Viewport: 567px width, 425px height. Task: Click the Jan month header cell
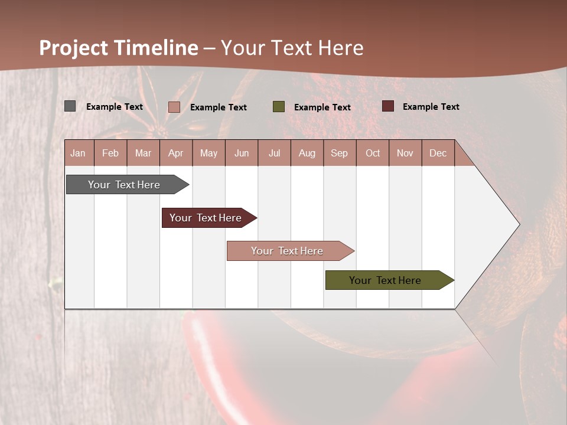point(79,153)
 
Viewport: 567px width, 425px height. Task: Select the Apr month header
point(176,153)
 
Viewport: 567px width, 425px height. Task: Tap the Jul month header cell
point(274,153)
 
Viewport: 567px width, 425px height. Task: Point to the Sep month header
point(340,153)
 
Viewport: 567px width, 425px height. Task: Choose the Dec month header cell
point(438,153)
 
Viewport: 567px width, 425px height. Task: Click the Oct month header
point(373,153)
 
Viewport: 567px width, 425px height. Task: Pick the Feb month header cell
point(110,153)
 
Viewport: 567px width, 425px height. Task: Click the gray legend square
point(70,106)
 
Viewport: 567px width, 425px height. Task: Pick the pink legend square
point(174,107)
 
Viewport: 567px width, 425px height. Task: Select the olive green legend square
point(279,107)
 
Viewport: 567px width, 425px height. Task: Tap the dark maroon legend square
point(388,106)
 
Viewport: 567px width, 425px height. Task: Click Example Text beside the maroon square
point(431,107)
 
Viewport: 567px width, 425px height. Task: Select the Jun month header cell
point(242,153)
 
